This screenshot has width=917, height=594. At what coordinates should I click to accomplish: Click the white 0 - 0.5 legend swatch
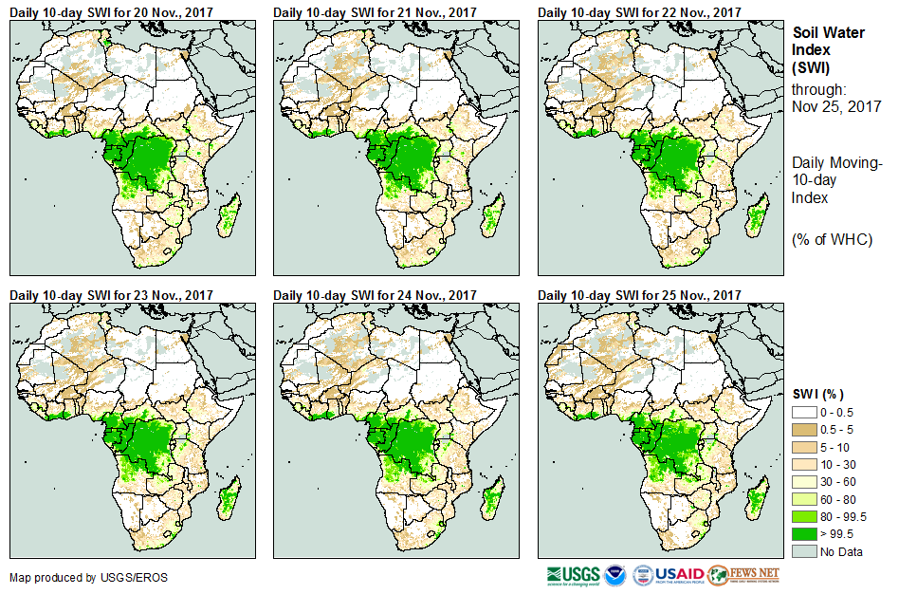tap(805, 412)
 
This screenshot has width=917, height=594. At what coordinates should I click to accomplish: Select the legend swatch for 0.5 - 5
tap(805, 429)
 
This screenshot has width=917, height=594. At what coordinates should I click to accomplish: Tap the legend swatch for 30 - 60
tap(805, 482)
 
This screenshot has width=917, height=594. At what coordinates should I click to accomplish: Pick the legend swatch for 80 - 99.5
tap(805, 517)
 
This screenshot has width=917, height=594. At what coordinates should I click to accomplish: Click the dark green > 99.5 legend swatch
tap(805, 534)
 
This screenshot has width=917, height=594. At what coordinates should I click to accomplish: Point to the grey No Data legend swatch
tap(805, 552)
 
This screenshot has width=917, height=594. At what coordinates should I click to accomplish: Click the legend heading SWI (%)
tap(818, 394)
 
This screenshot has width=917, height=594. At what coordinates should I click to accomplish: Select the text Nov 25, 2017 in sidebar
tap(836, 106)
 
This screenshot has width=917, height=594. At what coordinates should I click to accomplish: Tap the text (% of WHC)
tap(832, 239)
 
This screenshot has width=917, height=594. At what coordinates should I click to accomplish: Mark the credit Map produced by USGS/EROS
tap(76, 577)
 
